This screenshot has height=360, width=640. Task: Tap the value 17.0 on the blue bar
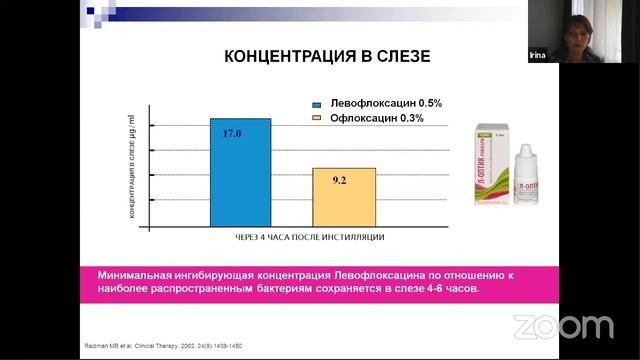point(232,133)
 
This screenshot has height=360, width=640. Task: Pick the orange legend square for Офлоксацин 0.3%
point(315,118)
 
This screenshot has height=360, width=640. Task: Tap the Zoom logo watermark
point(563,326)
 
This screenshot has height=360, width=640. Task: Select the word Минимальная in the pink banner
point(134,274)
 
